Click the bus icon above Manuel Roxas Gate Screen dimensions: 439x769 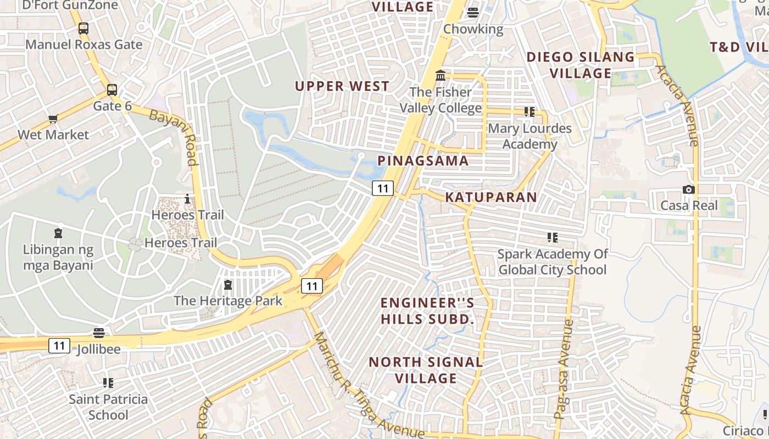(x=83, y=29)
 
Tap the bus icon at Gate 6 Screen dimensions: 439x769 (x=112, y=89)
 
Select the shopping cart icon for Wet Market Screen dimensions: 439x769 (x=53, y=119)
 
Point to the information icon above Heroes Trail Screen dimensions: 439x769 (x=187, y=199)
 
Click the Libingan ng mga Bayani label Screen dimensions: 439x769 (x=58, y=257)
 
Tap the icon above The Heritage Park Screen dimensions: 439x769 (x=228, y=285)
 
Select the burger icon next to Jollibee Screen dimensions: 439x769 (x=99, y=333)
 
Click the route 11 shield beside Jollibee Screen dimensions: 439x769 (x=59, y=346)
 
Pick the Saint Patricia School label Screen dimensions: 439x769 (x=108, y=407)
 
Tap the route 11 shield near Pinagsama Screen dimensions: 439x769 (x=383, y=188)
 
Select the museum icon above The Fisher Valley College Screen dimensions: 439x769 (x=441, y=75)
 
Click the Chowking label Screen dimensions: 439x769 (x=473, y=29)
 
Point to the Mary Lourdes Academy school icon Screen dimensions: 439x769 (x=530, y=112)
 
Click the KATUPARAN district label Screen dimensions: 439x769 (x=491, y=197)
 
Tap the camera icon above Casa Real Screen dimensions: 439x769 (x=689, y=189)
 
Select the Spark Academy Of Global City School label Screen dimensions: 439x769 (x=552, y=262)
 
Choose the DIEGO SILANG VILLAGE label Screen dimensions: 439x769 (x=581, y=65)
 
